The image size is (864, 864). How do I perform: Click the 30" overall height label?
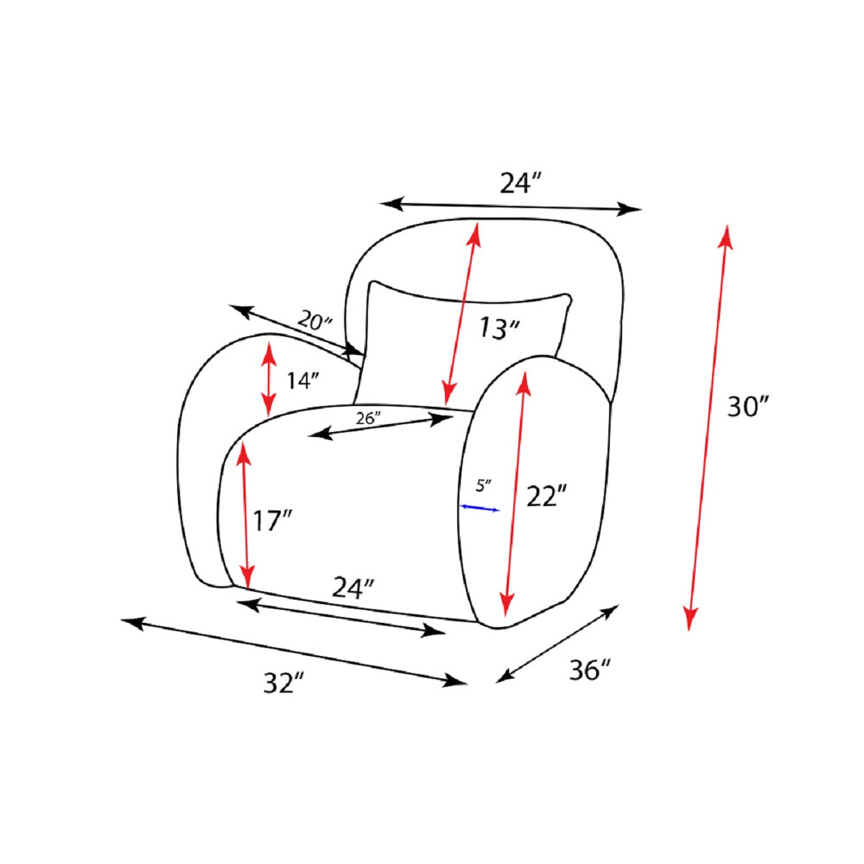[x=747, y=407]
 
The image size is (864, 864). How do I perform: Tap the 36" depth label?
[x=590, y=670]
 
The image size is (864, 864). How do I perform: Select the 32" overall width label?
[x=284, y=683]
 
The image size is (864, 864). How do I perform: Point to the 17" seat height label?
[x=273, y=521]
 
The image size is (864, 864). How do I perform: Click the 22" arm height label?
[x=546, y=496]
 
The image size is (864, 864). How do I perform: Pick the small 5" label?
[x=484, y=485]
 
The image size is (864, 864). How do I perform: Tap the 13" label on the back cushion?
[x=498, y=328]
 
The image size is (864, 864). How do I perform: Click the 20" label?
[x=315, y=320]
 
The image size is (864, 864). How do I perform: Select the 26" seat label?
[x=368, y=418]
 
